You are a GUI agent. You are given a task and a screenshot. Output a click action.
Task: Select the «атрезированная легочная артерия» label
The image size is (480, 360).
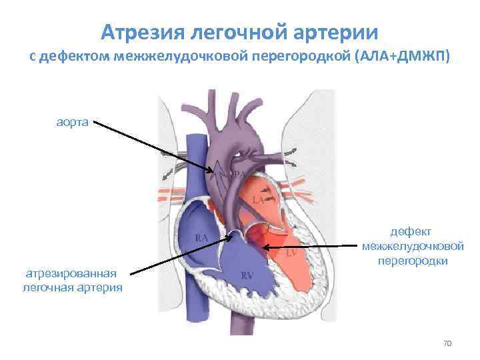[72, 280]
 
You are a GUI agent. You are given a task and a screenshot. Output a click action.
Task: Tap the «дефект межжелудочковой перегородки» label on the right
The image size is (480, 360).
[413, 246]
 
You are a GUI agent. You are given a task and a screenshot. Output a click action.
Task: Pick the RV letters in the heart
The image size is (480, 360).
[246, 275]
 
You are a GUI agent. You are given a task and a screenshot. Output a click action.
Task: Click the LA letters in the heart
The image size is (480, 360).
[259, 199]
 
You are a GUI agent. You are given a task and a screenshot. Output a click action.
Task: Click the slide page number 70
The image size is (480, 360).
[447, 343]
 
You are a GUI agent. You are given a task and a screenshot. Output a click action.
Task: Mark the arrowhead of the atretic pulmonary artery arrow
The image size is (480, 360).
[230, 235]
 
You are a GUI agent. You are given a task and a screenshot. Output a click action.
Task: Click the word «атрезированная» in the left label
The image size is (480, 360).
[71, 273]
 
